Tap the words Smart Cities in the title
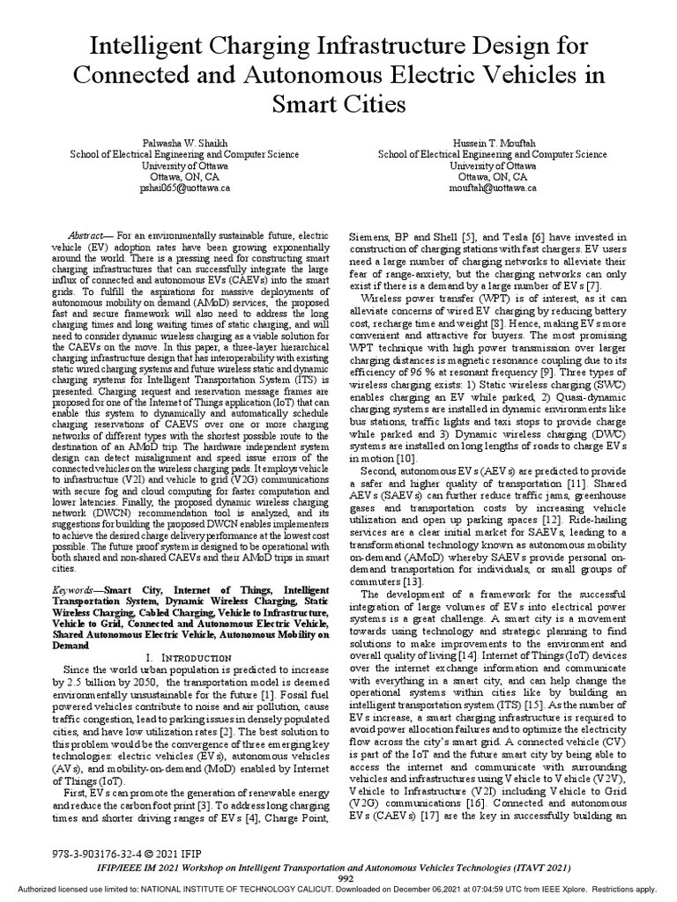point(338,105)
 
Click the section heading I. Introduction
point(192,657)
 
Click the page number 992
point(346,879)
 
